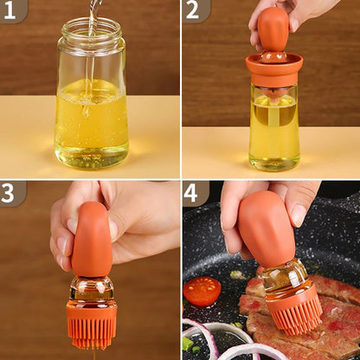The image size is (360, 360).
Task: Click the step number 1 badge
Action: pyautogui.click(x=12, y=10)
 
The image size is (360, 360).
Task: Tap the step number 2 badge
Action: pyautogui.click(x=194, y=10)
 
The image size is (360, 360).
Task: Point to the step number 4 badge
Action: pyautogui.click(x=194, y=192)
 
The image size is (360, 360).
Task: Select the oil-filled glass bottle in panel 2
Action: pyautogui.click(x=273, y=125)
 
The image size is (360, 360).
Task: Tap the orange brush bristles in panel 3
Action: pyautogui.click(x=91, y=325)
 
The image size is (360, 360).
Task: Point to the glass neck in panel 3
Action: pyautogui.click(x=91, y=288)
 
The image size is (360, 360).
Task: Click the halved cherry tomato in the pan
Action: pyautogui.click(x=202, y=291)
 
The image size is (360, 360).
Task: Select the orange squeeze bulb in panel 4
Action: pyautogui.click(x=267, y=229)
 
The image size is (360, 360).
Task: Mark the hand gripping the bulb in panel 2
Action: pyautogui.click(x=299, y=12)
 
